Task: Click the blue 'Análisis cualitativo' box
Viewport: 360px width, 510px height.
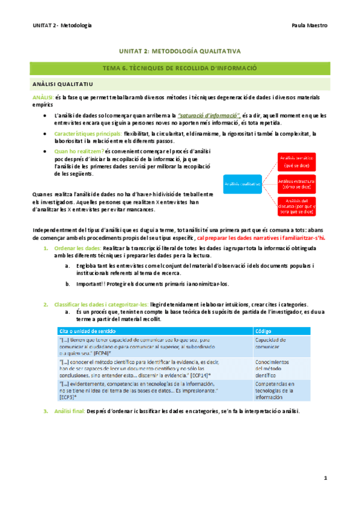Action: coord(243,184)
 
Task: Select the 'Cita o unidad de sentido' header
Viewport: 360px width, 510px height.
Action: coord(88,331)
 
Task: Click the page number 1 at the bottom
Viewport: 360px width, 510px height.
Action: coord(325,478)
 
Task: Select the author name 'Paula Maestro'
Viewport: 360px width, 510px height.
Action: coord(308,25)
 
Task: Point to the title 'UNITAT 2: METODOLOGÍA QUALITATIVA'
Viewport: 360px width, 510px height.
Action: coord(180,52)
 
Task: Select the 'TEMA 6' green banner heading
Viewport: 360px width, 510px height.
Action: coord(180,68)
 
